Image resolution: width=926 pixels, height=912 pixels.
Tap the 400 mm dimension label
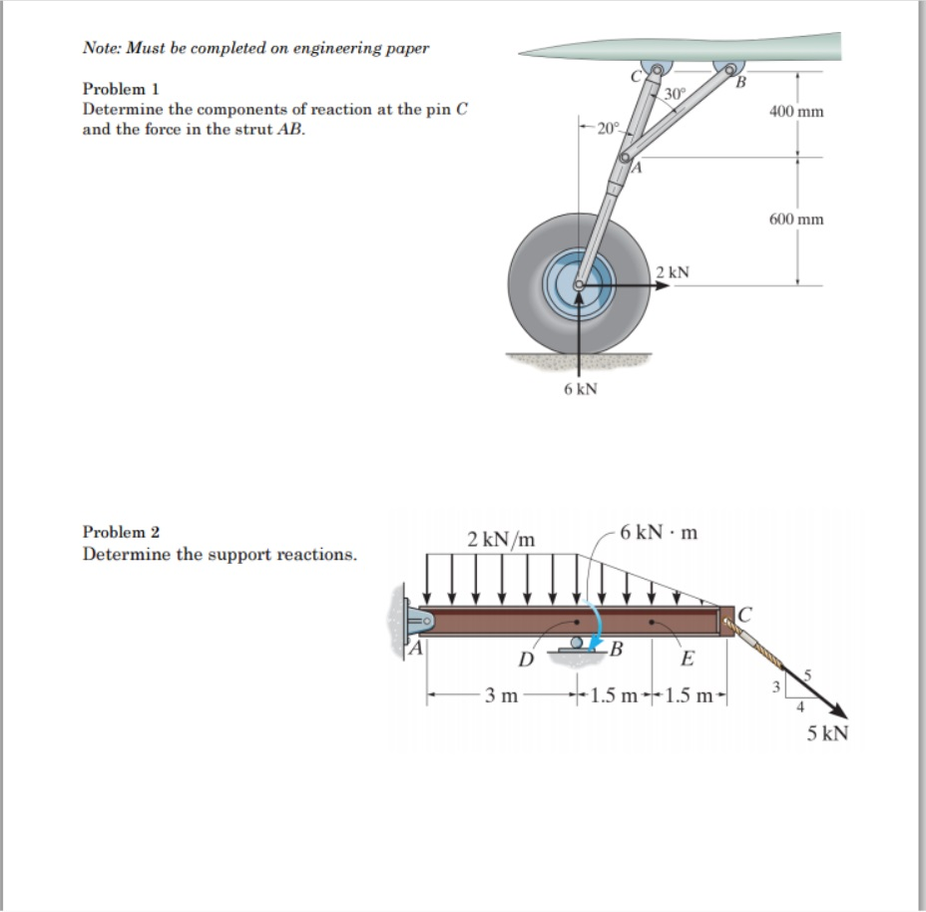tap(796, 112)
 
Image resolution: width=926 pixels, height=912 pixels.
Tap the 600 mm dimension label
tap(796, 219)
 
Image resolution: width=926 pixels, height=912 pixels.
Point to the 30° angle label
tap(674, 94)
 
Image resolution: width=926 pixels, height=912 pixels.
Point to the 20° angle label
tap(608, 128)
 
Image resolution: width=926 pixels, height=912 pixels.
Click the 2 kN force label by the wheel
tap(674, 271)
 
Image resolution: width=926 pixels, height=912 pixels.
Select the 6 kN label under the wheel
tap(580, 389)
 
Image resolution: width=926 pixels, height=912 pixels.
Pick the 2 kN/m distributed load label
tap(501, 539)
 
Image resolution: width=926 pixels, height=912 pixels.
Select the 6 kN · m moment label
tap(658, 531)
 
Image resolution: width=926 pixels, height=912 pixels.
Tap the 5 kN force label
tap(827, 734)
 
